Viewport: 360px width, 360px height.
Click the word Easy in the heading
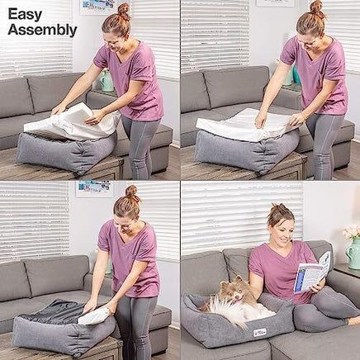click(x=25, y=14)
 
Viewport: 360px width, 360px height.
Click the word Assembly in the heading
click(x=42, y=30)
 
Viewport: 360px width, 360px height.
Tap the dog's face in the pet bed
click(x=234, y=291)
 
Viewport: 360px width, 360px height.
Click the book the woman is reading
click(x=311, y=272)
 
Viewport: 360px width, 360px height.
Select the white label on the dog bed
click(x=260, y=332)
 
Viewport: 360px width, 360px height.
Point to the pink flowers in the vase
click(x=351, y=232)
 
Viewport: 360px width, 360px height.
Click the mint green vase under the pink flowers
click(x=353, y=253)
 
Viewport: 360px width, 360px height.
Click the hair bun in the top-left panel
click(x=124, y=10)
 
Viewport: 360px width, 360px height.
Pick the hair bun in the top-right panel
click(x=316, y=7)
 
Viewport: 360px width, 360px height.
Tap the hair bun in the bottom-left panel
click(x=131, y=192)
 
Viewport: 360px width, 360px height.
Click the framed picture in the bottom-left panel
click(x=94, y=189)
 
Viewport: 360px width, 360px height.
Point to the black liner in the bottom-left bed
click(x=52, y=311)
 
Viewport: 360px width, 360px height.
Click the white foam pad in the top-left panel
click(x=72, y=121)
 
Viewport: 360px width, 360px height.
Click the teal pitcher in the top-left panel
click(x=107, y=81)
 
